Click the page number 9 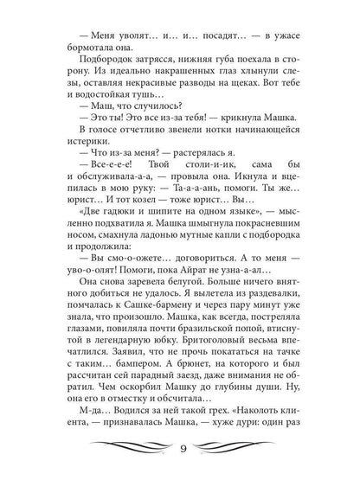[x=180, y=448]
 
